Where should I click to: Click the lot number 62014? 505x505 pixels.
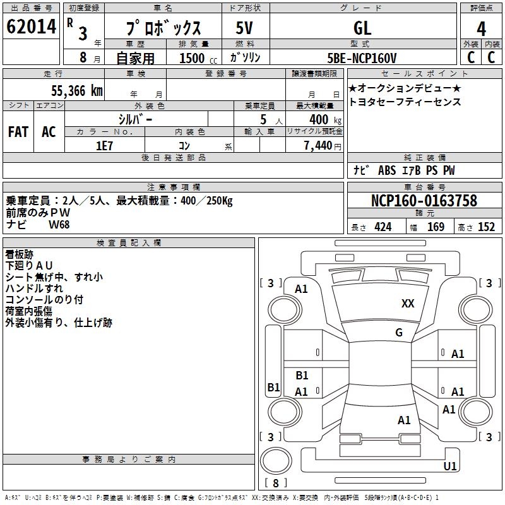point(31,27)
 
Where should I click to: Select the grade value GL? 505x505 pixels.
point(362,27)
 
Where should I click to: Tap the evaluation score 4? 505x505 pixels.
point(481,28)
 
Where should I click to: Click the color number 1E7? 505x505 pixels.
point(104,146)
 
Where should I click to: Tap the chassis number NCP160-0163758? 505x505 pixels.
point(424,201)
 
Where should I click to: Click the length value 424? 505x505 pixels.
point(383,227)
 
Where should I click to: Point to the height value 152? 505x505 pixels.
point(486,227)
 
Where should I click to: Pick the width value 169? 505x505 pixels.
point(436,227)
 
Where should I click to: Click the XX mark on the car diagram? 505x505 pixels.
point(408,304)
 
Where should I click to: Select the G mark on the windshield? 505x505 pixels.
point(399,332)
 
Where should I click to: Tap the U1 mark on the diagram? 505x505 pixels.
point(450,466)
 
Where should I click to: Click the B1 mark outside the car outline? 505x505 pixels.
point(273,388)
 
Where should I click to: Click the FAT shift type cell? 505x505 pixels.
point(18,131)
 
